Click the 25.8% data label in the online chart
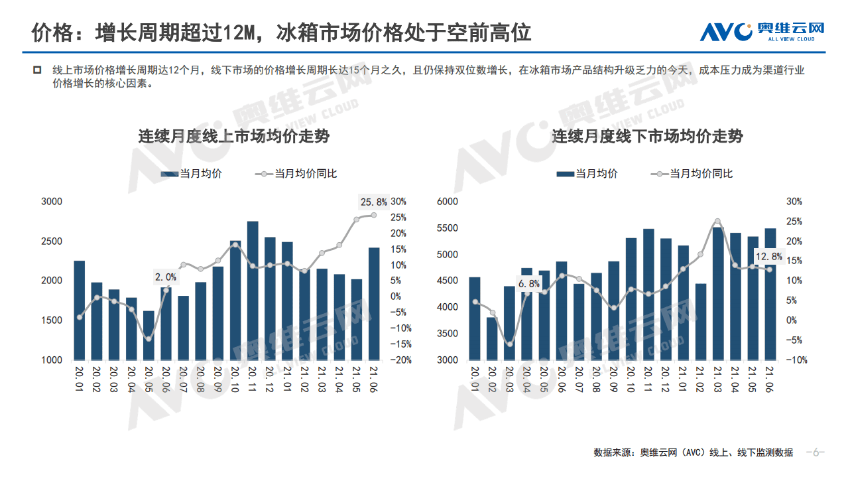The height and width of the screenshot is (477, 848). pyautogui.click(x=373, y=202)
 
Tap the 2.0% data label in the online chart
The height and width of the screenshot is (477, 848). pyautogui.click(x=166, y=277)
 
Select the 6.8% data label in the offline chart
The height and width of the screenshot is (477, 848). pyautogui.click(x=528, y=284)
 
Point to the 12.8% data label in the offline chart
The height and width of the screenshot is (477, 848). pyautogui.click(x=769, y=256)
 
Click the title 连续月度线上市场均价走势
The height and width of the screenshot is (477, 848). pyautogui.click(x=233, y=137)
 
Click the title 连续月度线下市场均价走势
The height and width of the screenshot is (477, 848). pyautogui.click(x=647, y=137)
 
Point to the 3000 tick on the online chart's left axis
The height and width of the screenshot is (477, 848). pyautogui.click(x=52, y=202)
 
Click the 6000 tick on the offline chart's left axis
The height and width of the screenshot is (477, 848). pyautogui.click(x=448, y=202)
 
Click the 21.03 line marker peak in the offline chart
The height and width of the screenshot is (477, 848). pyautogui.click(x=717, y=222)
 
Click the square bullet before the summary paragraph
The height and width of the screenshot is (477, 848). pyautogui.click(x=38, y=69)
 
